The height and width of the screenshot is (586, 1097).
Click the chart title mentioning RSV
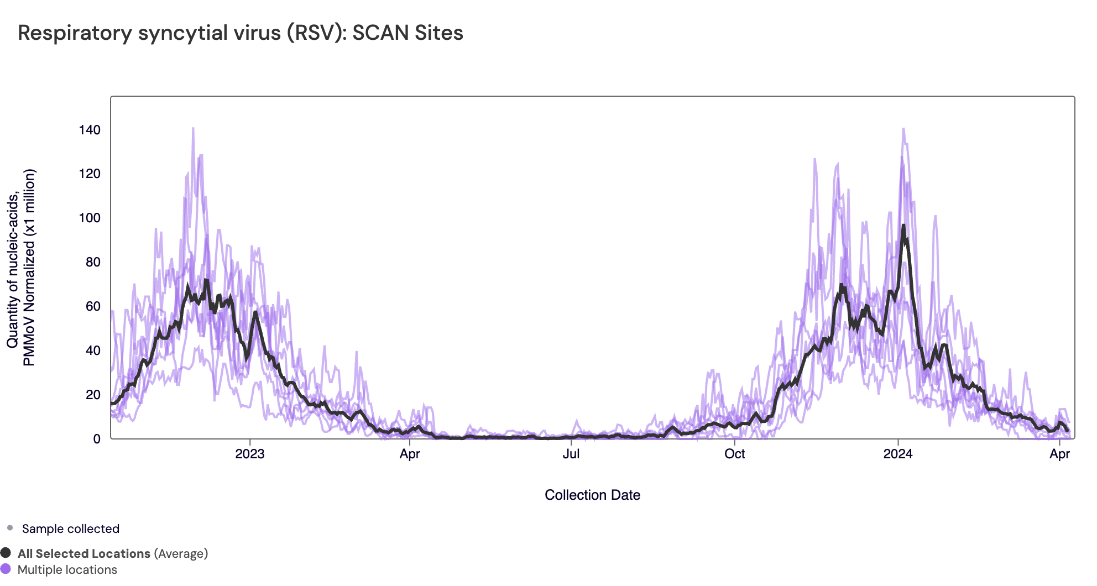pos(240,33)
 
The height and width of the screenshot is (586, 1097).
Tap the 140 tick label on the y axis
pos(90,130)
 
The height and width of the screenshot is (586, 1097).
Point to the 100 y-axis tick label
pos(90,218)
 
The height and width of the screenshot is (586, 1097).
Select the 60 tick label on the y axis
pos(93,306)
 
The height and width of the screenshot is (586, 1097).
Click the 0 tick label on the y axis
pos(97,439)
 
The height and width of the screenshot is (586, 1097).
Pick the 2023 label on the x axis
pos(250,454)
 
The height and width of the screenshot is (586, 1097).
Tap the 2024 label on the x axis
pos(898,454)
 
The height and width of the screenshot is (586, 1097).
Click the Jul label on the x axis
pos(571,454)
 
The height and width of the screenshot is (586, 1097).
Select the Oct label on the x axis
pos(734,454)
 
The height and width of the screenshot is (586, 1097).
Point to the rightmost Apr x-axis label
pos(1059,454)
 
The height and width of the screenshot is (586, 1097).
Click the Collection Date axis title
pos(592,495)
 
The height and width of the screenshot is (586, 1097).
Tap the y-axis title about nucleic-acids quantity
pos(21,268)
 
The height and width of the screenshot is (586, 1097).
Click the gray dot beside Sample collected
pos(10,528)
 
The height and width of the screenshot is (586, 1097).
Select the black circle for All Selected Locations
pos(6,553)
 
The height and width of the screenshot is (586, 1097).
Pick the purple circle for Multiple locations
pos(6,569)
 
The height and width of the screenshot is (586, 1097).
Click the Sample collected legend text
pos(70,529)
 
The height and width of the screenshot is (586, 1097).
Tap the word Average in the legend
pos(181,553)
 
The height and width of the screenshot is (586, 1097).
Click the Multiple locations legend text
pos(67,569)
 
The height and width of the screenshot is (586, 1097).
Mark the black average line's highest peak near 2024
pos(903,226)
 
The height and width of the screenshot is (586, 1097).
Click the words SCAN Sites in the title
pos(408,33)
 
